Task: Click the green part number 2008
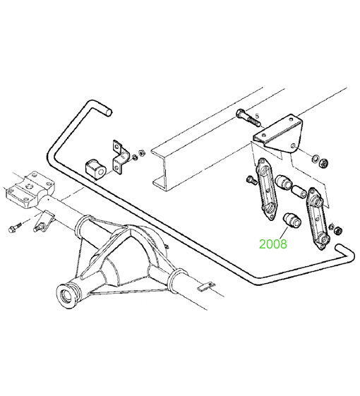(273, 244)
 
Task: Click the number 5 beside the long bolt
(257, 116)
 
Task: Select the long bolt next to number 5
(248, 118)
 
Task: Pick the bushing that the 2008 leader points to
(292, 220)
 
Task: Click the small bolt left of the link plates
(251, 180)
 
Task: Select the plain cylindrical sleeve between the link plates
(299, 191)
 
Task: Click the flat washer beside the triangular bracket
(314, 159)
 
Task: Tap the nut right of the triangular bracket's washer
(323, 162)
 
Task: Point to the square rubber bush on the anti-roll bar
(95, 169)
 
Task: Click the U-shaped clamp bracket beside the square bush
(120, 157)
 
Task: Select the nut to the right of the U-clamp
(141, 152)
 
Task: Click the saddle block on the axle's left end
(30, 189)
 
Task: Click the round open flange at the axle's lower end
(68, 296)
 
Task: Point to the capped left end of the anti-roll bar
(108, 112)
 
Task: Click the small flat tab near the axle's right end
(206, 286)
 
